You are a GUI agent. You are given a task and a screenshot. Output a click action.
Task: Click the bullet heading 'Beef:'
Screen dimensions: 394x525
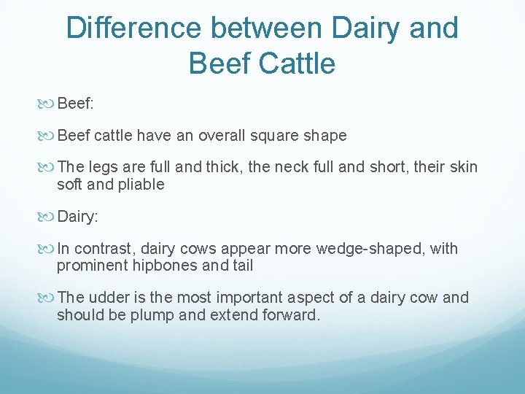(x=75, y=104)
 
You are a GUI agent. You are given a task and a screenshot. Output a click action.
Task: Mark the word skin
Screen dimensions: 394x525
(x=464, y=168)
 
